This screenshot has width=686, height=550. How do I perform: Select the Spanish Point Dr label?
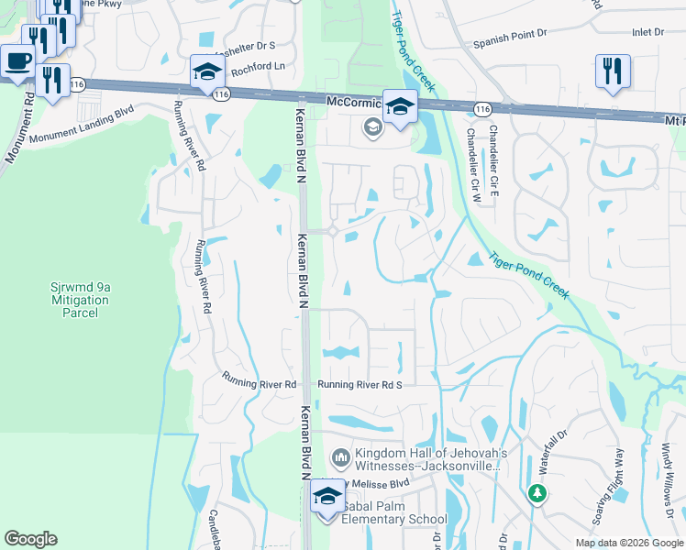pos(510,43)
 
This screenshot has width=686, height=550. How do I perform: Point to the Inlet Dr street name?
pos(647,32)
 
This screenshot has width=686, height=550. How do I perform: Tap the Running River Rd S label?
pos(360,385)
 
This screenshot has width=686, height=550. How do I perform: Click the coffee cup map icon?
pos(17,62)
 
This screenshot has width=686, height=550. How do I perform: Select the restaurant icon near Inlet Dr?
pos(613,71)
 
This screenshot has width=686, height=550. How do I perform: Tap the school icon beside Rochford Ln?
pos(207,71)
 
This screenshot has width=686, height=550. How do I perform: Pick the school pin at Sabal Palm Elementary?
pos(326,497)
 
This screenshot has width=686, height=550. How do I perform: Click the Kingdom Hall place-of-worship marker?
pos(341,456)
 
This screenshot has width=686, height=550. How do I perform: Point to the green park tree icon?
pos(537,494)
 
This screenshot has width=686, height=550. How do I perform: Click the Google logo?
pos(31,539)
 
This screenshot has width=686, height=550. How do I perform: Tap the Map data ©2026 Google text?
pos(629,543)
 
